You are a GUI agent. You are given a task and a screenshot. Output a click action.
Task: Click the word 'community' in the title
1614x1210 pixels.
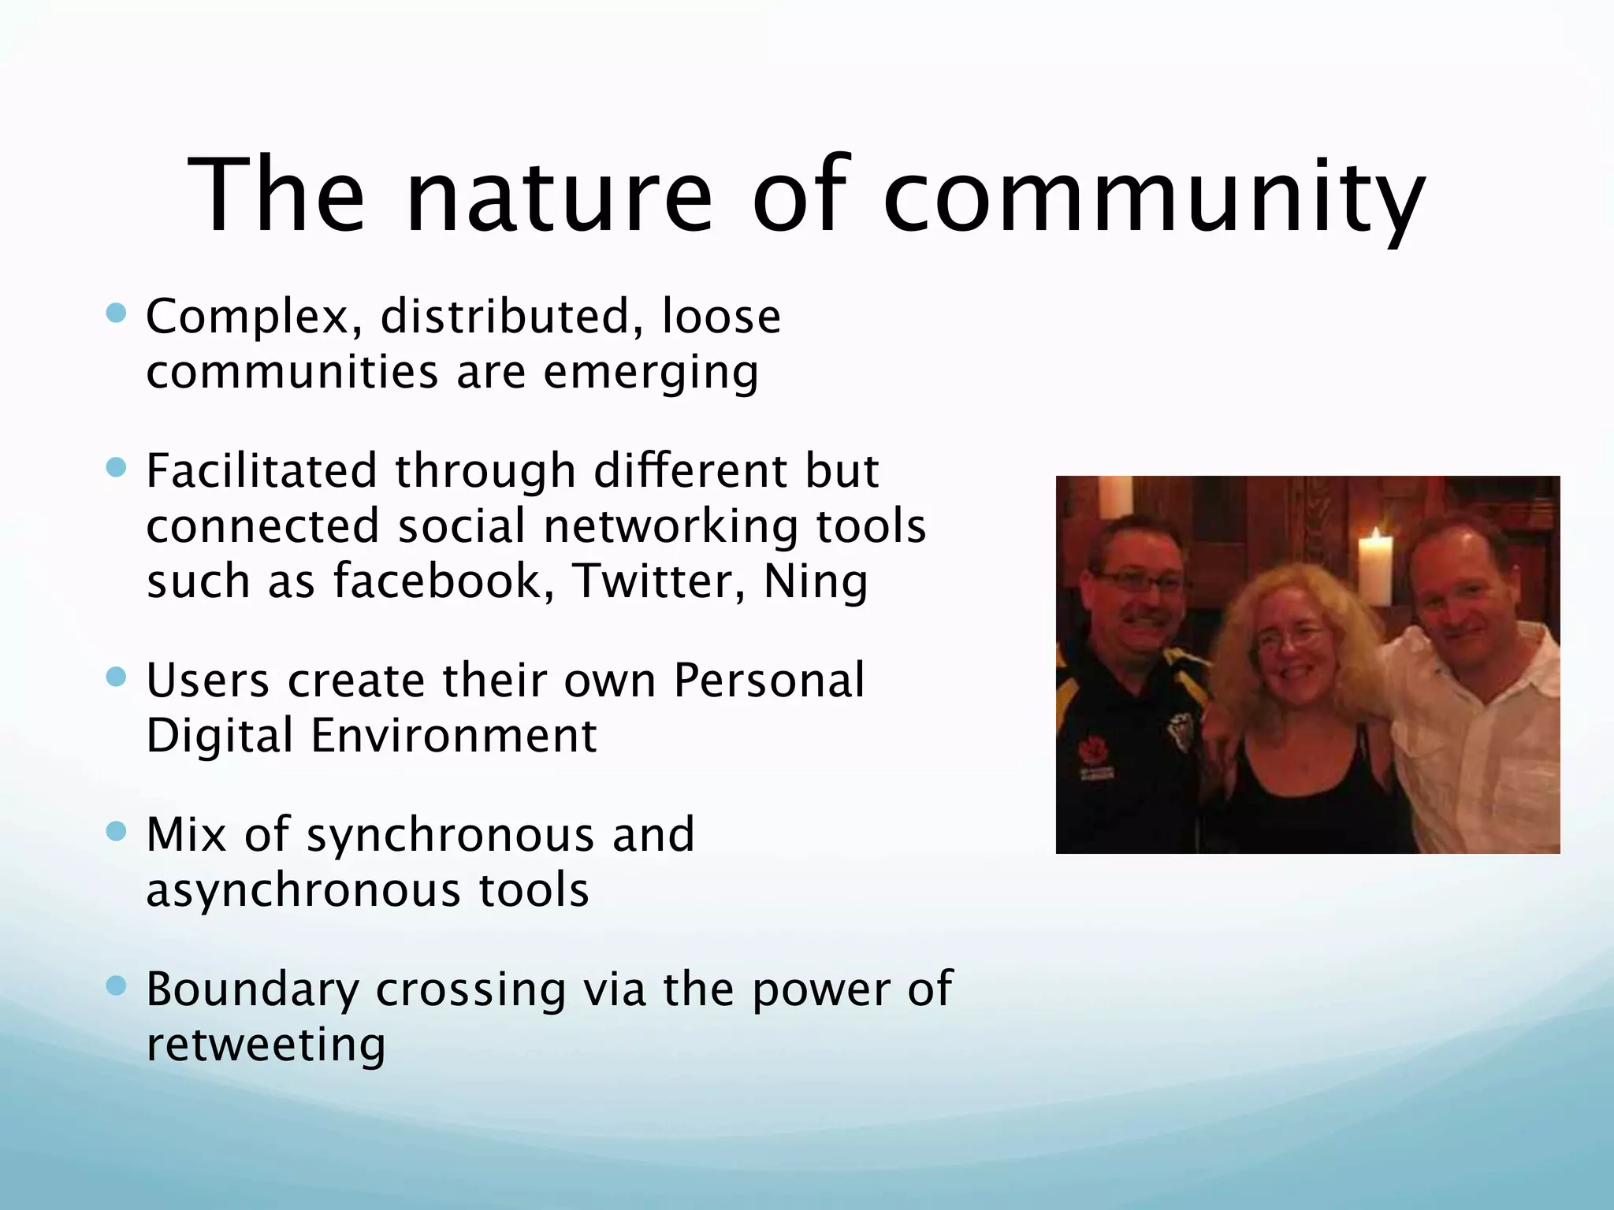[x=1154, y=197]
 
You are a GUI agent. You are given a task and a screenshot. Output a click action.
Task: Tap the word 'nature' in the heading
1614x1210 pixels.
[x=558, y=197]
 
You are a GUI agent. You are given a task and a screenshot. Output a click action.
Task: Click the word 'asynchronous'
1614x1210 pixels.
[x=303, y=890]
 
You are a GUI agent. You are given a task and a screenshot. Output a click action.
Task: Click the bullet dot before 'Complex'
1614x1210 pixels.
[x=116, y=314]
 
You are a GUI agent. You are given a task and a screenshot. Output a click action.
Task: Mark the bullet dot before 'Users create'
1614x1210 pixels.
[x=116, y=677]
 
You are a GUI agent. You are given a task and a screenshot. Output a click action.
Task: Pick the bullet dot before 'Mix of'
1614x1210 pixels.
[x=116, y=832]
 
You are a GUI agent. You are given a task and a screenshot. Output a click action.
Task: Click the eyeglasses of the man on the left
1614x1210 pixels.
[x=1135, y=583]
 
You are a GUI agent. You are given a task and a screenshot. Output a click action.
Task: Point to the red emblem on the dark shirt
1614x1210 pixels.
[x=1091, y=749]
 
